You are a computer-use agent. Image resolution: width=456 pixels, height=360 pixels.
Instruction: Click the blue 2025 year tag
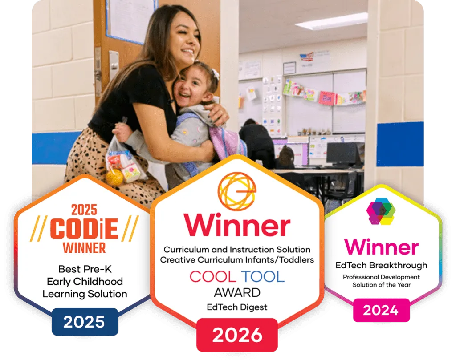tap(85, 322)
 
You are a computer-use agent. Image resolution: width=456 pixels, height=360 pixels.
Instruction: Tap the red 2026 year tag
tap(237, 335)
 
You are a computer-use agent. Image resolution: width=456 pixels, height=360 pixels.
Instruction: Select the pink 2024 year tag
tap(381, 310)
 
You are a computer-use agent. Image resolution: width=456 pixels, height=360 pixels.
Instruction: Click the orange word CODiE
tap(84, 229)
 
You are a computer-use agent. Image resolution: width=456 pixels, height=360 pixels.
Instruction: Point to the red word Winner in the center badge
tap(237, 225)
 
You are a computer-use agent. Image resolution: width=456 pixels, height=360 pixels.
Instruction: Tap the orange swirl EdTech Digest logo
tap(237, 191)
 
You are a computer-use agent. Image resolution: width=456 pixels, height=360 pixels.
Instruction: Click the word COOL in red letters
tap(212, 276)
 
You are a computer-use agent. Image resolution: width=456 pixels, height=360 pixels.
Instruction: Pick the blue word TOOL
tap(263, 276)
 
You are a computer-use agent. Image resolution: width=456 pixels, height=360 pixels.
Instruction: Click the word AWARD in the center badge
tap(237, 293)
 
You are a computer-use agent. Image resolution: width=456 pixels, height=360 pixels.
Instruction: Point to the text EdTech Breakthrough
tap(381, 265)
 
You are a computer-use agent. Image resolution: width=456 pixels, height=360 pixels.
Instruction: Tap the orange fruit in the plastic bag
tap(114, 177)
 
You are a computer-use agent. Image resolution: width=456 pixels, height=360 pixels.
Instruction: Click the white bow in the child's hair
tap(215, 74)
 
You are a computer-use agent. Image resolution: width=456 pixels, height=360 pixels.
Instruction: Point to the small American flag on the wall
tap(307, 57)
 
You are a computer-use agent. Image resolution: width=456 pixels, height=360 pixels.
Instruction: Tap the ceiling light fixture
tap(331, 21)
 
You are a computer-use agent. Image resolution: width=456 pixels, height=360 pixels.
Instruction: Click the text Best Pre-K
tap(85, 269)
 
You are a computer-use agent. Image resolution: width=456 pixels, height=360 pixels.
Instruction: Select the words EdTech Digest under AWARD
tap(237, 307)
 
